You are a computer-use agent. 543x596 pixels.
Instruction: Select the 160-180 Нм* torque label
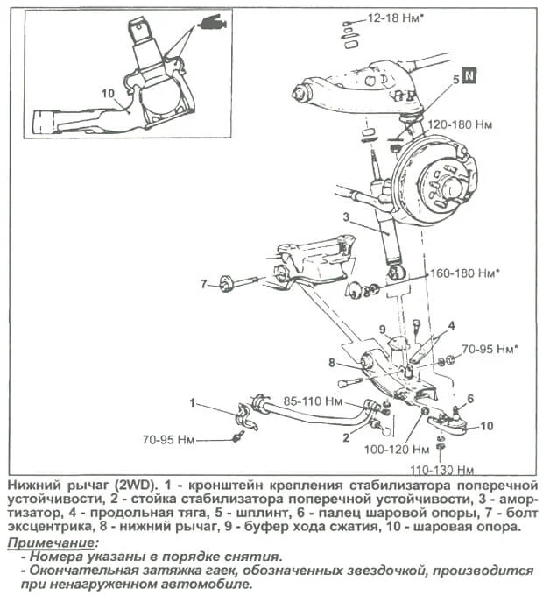pyautogui.click(x=464, y=273)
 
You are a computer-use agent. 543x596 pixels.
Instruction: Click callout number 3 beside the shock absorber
pyautogui.click(x=346, y=216)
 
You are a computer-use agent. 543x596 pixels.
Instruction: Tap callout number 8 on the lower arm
pyautogui.click(x=332, y=362)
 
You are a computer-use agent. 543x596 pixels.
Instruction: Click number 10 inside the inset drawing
pyautogui.click(x=108, y=91)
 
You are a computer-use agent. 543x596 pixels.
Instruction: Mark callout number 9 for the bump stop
pyautogui.click(x=382, y=329)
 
